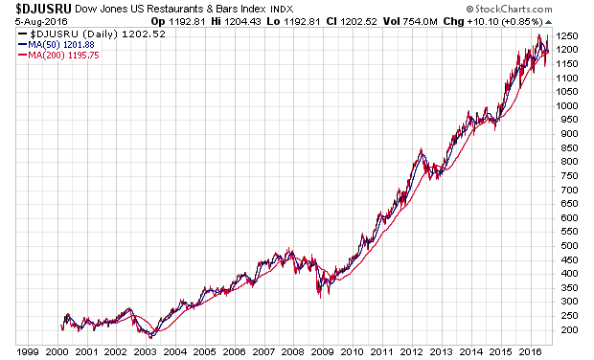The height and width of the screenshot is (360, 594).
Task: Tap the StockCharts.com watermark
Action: (509, 9)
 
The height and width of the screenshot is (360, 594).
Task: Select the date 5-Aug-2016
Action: (41, 22)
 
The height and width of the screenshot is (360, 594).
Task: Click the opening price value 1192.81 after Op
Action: (187, 22)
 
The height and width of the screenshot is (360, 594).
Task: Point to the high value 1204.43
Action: (242, 22)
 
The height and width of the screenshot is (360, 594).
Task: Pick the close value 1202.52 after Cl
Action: (358, 22)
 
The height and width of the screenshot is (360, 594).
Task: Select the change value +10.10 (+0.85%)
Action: (505, 22)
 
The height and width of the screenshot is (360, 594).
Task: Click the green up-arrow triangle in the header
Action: (548, 22)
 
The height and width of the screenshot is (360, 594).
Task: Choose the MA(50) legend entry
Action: (57, 45)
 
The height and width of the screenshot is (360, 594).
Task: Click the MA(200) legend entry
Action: (58, 56)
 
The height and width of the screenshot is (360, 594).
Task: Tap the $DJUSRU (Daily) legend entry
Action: (92, 34)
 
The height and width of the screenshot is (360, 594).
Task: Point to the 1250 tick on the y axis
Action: (567, 36)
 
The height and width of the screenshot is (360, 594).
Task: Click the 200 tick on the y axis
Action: (569, 330)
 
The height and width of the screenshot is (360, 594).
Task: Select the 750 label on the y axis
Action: (569, 176)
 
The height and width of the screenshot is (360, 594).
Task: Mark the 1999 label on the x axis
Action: (28, 352)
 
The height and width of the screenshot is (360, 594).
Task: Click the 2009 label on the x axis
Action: (323, 352)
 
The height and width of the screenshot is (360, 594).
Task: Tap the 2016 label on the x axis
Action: (530, 352)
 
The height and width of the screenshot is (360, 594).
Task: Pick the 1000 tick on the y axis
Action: (567, 106)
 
